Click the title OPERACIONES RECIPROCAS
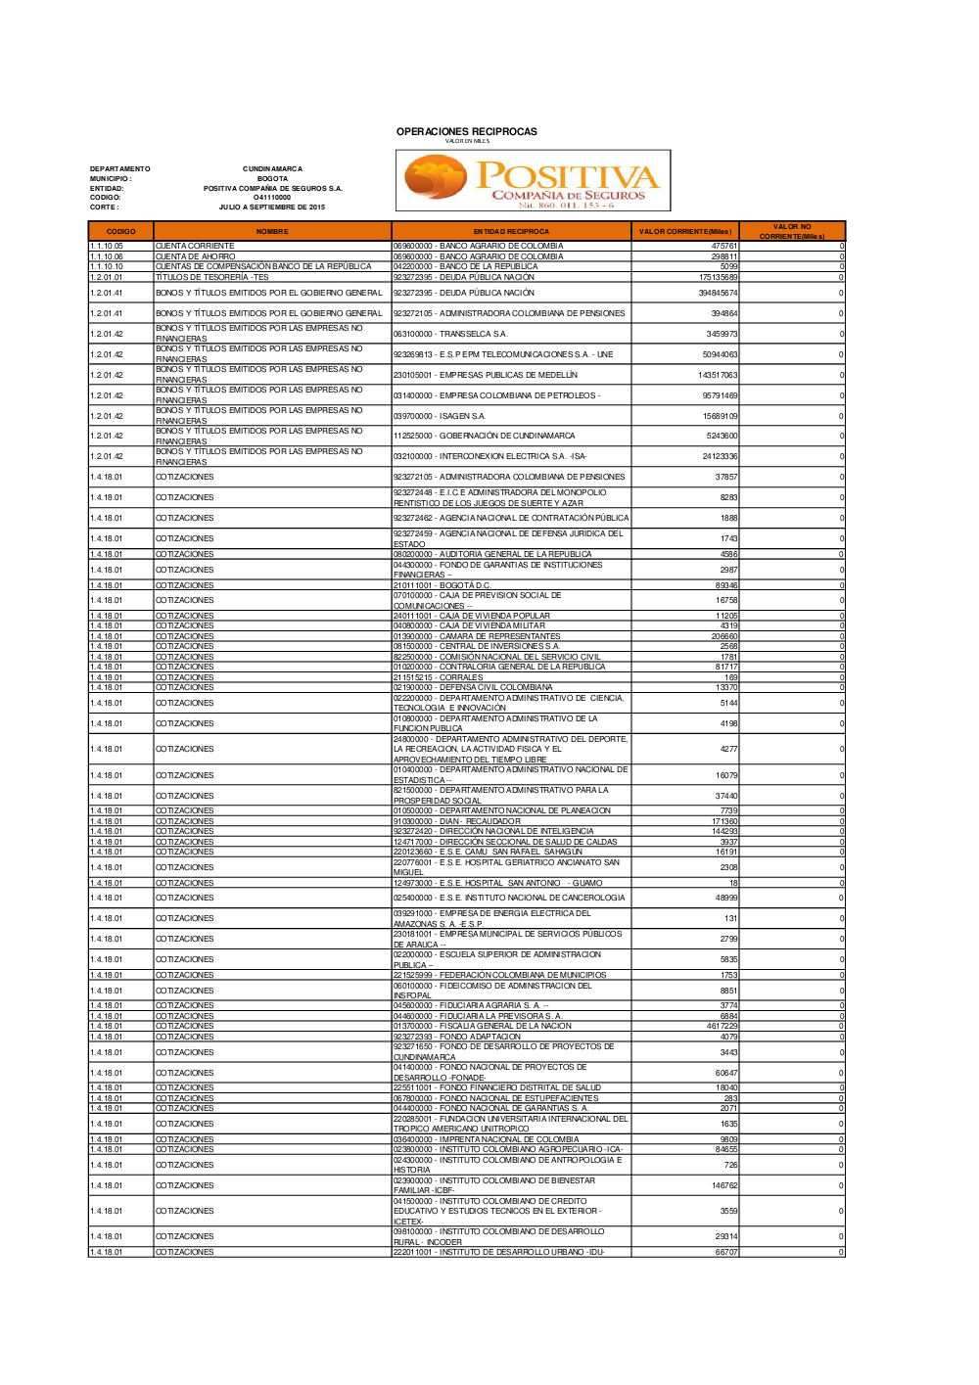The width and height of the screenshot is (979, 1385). pos(466,131)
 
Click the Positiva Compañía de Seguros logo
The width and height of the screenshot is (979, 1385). pos(533,181)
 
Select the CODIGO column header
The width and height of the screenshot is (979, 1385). pos(120,232)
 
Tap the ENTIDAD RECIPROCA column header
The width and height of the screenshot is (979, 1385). pos(511,232)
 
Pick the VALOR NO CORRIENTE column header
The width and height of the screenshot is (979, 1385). pos(792,232)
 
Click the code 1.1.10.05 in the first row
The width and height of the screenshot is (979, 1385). pos(107,246)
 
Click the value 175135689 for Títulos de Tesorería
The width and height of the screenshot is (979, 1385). pos(718,277)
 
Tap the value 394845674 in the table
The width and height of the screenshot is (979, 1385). pos(718,293)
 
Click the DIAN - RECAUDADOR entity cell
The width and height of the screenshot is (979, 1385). pos(456,821)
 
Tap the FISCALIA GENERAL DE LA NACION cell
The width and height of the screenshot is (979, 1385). pos(482,1026)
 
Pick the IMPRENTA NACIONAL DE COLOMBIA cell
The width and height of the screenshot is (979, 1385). pos(486,1139)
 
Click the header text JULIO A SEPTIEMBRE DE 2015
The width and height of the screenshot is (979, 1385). pos(272,207)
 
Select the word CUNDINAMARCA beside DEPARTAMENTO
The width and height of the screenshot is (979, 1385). pos(272,168)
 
